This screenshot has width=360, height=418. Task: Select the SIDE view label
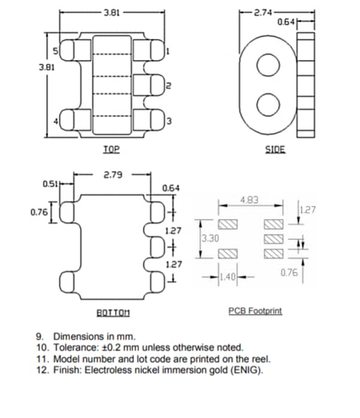point(275,149)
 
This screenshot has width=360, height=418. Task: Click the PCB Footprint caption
point(255,311)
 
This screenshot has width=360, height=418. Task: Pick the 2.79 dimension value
point(113,175)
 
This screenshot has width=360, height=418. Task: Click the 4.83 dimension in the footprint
point(250,200)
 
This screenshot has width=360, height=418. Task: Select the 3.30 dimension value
point(210,238)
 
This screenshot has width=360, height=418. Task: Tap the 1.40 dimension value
point(229,276)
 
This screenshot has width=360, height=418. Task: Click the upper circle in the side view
point(268,65)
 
